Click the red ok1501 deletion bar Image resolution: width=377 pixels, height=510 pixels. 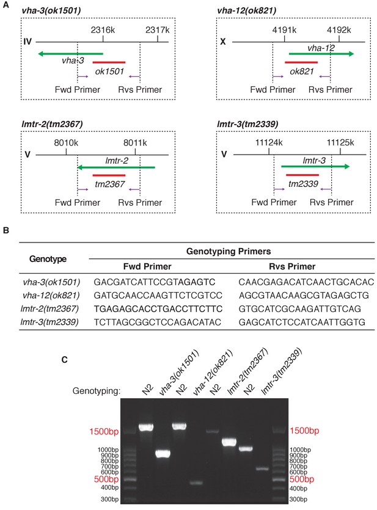[109, 62]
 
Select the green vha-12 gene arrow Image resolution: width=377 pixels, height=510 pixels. [321, 54]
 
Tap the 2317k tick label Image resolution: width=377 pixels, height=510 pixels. [158, 30]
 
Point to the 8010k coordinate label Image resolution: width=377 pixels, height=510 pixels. [66, 143]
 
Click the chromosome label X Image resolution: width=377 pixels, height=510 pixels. [223, 42]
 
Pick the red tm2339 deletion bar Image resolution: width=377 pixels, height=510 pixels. [302, 175]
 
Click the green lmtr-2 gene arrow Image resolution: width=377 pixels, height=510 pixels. [116, 167]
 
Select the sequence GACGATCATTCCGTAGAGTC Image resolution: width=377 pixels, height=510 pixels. [155, 282]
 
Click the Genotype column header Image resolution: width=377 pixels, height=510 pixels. [48, 259]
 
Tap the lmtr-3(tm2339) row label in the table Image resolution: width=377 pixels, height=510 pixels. [49, 322]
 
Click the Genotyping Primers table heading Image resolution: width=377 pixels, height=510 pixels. [229, 251]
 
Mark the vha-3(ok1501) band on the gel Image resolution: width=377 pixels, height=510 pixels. [163, 454]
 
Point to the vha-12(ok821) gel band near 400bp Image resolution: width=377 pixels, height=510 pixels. [196, 483]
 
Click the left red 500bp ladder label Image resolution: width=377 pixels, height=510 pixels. [106, 479]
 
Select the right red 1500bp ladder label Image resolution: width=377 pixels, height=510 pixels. [304, 431]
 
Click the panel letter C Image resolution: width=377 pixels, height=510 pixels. [64, 360]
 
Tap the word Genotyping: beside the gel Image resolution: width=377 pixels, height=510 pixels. [97, 391]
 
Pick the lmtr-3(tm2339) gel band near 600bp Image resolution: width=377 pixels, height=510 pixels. [262, 468]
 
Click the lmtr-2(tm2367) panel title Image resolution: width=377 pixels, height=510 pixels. [52, 124]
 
